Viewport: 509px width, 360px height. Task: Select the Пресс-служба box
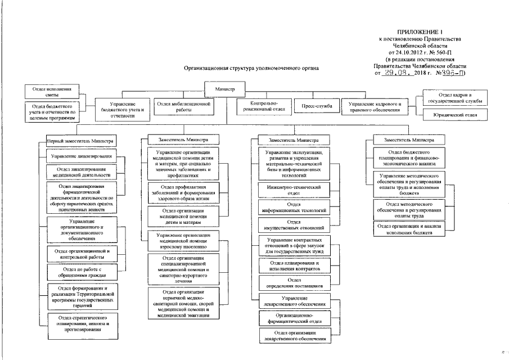point(317,106)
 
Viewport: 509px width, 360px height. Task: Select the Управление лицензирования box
point(81,155)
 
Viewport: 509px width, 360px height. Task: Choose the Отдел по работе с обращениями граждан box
point(82,273)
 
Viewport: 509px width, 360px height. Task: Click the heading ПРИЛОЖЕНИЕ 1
point(420,32)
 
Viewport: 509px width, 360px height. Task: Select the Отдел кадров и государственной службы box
point(457,98)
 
